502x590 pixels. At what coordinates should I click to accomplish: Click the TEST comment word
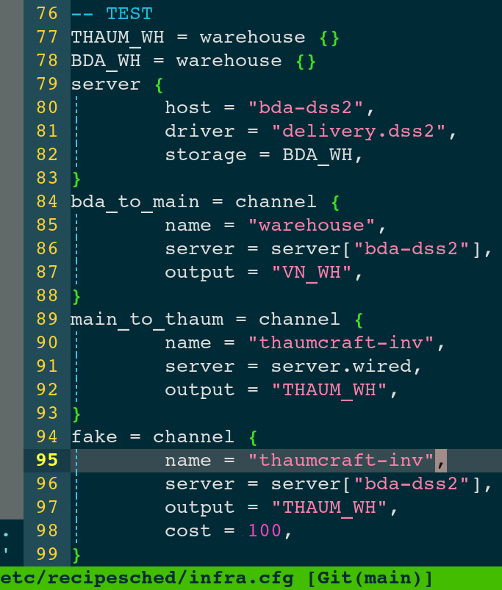129,14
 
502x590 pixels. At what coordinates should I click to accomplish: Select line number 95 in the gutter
47,460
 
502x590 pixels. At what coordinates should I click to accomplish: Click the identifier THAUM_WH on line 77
118,37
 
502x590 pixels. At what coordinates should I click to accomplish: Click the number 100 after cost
265,530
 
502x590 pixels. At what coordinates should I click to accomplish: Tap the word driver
199,132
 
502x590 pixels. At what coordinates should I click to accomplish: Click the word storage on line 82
206,155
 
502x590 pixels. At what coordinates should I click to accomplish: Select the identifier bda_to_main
135,202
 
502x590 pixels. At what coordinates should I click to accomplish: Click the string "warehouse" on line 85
311,225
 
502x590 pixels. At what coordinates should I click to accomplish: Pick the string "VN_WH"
311,272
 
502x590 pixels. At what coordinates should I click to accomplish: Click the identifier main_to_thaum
147,320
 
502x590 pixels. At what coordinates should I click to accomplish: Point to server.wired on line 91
341,366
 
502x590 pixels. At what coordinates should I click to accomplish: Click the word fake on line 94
94,437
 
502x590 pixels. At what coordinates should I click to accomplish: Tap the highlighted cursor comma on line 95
441,460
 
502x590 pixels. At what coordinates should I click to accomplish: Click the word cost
187,530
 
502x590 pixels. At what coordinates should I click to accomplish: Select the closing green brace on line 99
76,555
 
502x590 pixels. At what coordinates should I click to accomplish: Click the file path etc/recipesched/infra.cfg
147,578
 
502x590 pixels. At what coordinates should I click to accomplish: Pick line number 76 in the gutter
47,13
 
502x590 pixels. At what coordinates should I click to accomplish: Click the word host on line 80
187,107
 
